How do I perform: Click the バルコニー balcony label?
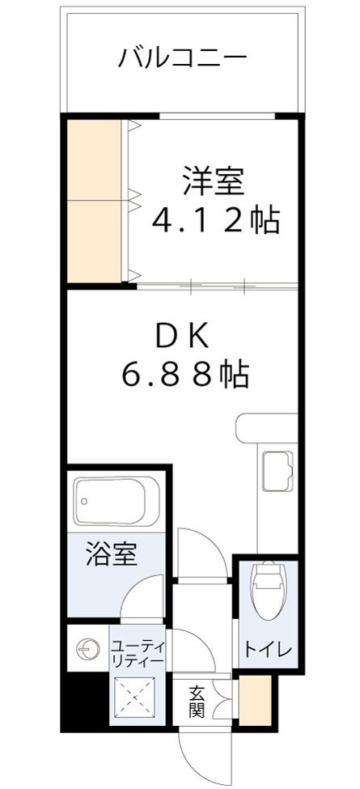pos(182,57)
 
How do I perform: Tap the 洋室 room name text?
pos(213,180)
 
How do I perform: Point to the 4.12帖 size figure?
pos(216,219)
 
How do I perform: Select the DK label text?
pos(182,333)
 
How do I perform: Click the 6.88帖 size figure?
pos(184,373)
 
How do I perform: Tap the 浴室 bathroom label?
pos(112,555)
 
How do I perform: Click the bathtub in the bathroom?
pos(116,502)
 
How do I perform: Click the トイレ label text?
pos(265,649)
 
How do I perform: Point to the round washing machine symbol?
pos(86,647)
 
